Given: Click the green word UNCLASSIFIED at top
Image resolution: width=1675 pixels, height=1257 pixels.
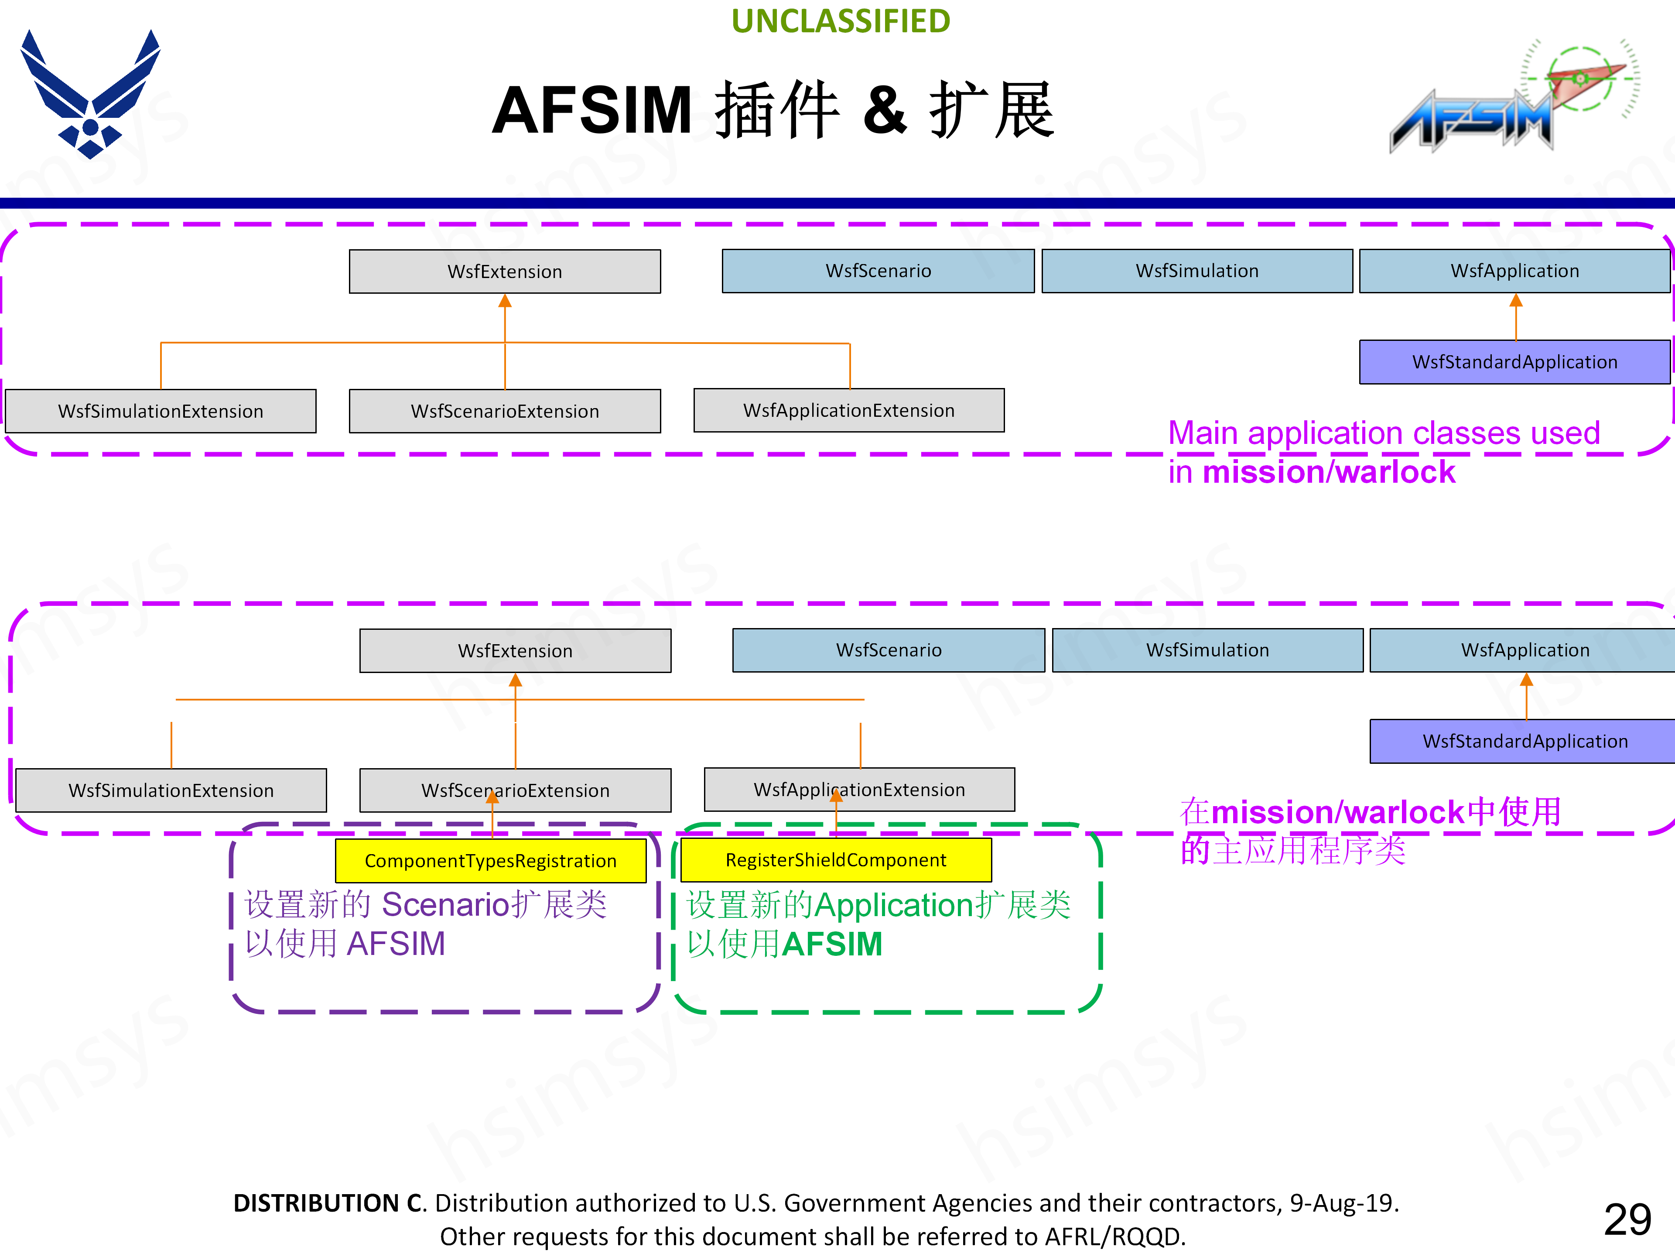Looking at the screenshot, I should coord(841,21).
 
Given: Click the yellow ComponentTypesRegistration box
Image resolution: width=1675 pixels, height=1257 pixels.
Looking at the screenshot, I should coord(491,861).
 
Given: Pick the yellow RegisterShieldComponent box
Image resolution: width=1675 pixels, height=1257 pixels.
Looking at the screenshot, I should coord(836,860).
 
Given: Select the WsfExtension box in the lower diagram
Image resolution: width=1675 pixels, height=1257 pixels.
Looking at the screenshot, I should coord(515,651).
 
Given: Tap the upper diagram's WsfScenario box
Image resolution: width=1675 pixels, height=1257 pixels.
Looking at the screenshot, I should coord(879,271).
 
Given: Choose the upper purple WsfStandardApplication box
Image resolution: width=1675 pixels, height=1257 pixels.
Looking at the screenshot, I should coord(1514,362).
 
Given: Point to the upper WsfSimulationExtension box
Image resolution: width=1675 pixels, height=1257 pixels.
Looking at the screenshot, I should coord(161,412).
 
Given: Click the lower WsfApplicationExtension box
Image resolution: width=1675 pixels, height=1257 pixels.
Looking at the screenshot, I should coord(859,790).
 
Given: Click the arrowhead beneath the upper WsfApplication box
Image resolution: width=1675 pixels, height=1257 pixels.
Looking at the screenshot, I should coord(1516,301).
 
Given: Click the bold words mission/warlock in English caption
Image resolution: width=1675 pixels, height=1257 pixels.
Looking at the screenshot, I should coord(1329,472).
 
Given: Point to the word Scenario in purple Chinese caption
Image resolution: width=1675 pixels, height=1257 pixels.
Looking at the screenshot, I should coord(445,904).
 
